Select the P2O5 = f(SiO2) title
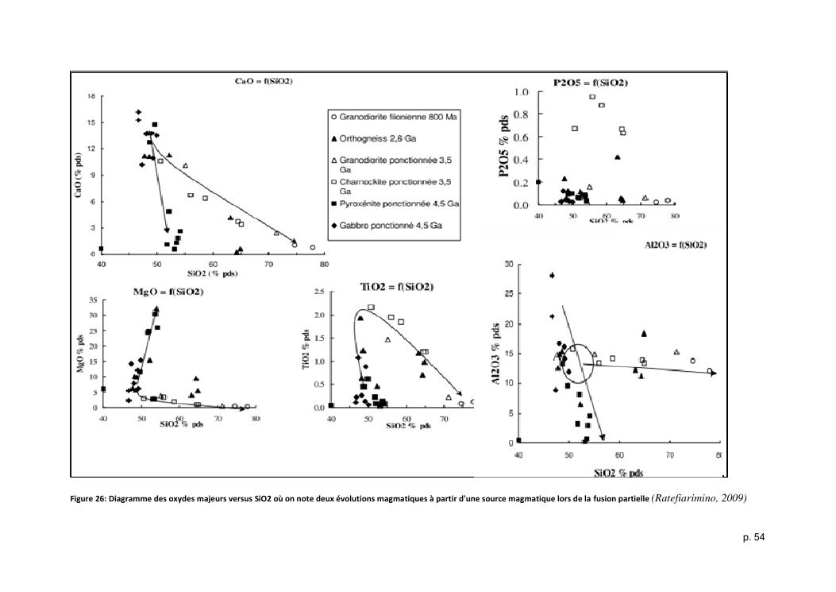[591, 83]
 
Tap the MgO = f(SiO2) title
[167, 292]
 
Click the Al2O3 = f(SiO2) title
[676, 246]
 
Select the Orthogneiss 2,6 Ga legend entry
[370, 138]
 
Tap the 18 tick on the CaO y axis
[92, 95]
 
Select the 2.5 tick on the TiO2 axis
[318, 292]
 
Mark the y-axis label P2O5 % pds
[504, 149]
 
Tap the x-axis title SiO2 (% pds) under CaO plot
[213, 273]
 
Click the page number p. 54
[754, 539]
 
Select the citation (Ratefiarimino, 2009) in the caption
[699, 498]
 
